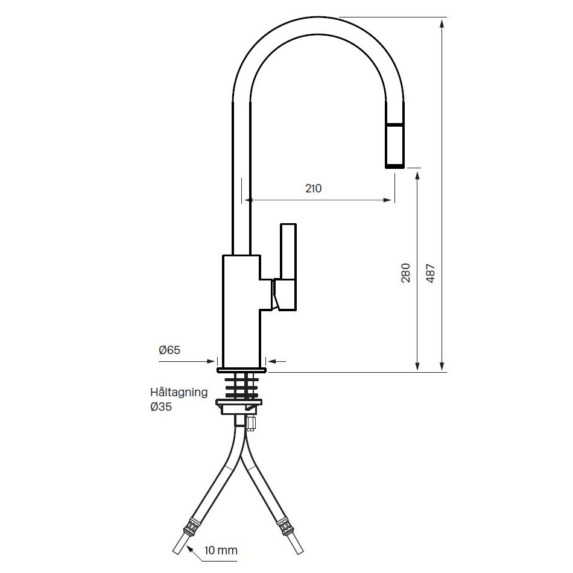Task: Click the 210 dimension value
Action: (313, 189)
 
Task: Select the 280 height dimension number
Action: (406, 273)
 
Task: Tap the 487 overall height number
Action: (431, 273)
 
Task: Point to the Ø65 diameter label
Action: (169, 350)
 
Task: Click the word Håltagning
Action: (179, 392)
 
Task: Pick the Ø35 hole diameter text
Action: (161, 407)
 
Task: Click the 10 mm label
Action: (221, 550)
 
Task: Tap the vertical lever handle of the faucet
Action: (288, 267)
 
